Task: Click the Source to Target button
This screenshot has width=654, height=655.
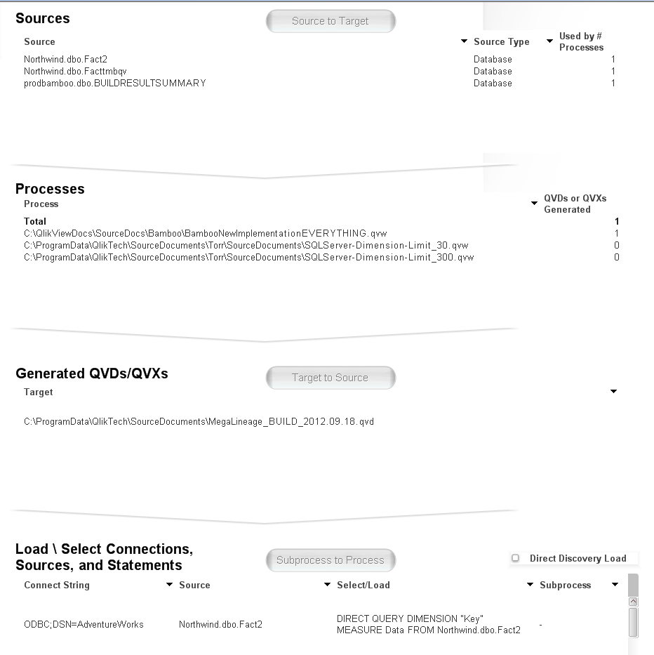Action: pyautogui.click(x=331, y=21)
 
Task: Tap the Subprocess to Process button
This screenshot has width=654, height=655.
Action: pyautogui.click(x=331, y=560)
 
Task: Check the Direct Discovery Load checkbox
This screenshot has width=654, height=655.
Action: pyautogui.click(x=516, y=558)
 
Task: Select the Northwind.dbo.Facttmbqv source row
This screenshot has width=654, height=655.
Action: pyautogui.click(x=75, y=71)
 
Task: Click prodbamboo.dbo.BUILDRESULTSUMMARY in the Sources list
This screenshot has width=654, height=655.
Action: pyautogui.click(x=114, y=83)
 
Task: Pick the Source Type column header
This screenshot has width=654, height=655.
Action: pyautogui.click(x=501, y=41)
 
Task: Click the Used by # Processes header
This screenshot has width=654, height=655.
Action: pyautogui.click(x=581, y=41)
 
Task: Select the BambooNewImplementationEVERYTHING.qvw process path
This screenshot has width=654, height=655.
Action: pyautogui.click(x=205, y=233)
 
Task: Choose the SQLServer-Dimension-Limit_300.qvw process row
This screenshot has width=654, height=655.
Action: pyautogui.click(x=248, y=257)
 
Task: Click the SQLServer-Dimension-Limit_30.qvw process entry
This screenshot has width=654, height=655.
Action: pyautogui.click(x=246, y=245)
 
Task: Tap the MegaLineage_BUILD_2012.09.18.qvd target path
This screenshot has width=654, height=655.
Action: pyautogui.click(x=199, y=421)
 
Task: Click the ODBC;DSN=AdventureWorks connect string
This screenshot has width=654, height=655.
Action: pyautogui.click(x=84, y=624)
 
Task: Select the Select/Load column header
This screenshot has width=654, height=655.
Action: pyautogui.click(x=363, y=585)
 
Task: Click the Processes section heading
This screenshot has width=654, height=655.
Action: pyautogui.click(x=50, y=189)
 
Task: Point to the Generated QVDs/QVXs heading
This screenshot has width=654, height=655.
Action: pyautogui.click(x=92, y=373)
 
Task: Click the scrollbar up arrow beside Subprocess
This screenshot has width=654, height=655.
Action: pyautogui.click(x=633, y=602)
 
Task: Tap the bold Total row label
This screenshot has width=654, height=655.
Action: pyautogui.click(x=35, y=221)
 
